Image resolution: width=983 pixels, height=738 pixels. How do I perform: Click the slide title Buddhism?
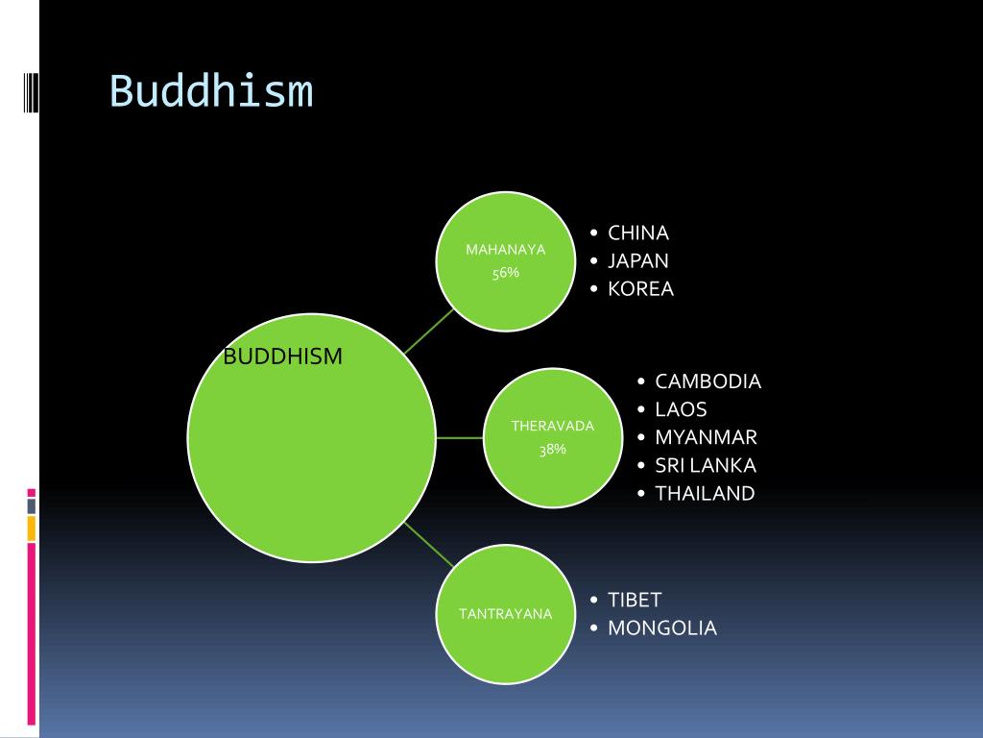coord(211,92)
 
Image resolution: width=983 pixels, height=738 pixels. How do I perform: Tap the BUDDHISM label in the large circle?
coord(282,357)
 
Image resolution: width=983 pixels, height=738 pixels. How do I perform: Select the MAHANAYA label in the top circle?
coord(505,250)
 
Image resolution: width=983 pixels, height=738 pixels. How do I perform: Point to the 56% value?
coord(505,273)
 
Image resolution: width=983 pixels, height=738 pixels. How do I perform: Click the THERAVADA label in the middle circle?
coord(552,426)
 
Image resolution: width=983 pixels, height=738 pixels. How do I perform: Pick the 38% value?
coord(552,449)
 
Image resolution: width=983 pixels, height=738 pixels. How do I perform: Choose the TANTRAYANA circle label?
coord(505,614)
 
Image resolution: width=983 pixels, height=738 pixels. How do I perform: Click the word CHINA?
coord(638,233)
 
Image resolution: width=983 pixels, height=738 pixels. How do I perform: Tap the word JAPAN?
coord(638,260)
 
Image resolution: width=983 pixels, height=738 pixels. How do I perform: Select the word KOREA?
coord(640,288)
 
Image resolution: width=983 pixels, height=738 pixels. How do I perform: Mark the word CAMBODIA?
coord(707,381)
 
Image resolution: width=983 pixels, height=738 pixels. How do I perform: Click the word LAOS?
coord(681,409)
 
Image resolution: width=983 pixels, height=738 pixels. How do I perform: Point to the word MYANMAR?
coord(706,437)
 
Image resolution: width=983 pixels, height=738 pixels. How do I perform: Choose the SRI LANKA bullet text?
coord(706,465)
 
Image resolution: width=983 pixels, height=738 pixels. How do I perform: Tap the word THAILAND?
coord(705,493)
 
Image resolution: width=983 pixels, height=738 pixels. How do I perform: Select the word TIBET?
coord(635,600)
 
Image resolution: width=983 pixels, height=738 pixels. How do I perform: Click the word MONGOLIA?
coord(661,627)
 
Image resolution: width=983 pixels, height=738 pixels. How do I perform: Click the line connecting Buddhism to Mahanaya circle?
coord(429,331)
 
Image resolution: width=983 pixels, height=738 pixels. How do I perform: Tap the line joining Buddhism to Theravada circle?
coord(459,438)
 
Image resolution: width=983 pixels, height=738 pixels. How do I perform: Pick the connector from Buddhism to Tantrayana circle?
coord(429,545)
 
